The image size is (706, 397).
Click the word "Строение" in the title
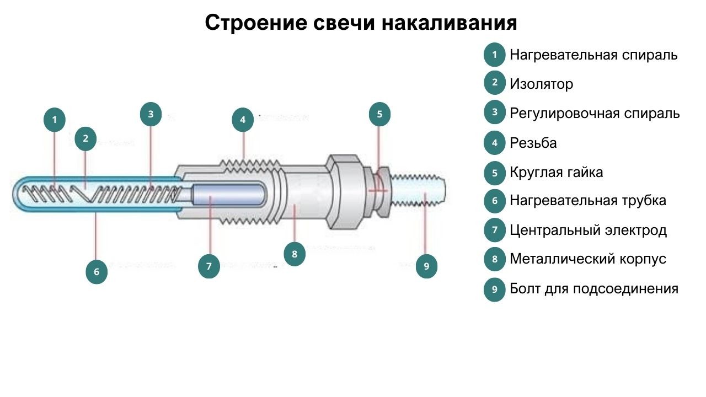(x=256, y=23)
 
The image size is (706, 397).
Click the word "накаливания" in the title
(x=449, y=23)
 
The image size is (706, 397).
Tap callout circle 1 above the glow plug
(x=55, y=120)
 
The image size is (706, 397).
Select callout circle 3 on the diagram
(x=151, y=114)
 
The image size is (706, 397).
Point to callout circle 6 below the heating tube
(x=97, y=272)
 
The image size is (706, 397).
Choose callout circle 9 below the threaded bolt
(x=426, y=266)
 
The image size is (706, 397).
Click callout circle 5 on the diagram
(x=379, y=114)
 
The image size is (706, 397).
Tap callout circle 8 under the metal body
(x=295, y=254)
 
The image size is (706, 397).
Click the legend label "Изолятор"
(x=541, y=84)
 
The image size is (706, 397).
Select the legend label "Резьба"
(x=533, y=143)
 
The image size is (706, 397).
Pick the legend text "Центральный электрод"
(x=588, y=230)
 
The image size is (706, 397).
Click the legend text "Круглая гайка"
(x=557, y=173)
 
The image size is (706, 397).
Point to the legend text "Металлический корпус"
(x=588, y=259)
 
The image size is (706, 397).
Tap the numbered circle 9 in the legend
(x=495, y=289)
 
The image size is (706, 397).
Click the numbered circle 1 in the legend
(x=495, y=55)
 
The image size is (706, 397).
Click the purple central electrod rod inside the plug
(x=228, y=194)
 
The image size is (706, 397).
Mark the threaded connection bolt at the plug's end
(x=418, y=190)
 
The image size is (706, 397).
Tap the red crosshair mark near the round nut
(x=378, y=190)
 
